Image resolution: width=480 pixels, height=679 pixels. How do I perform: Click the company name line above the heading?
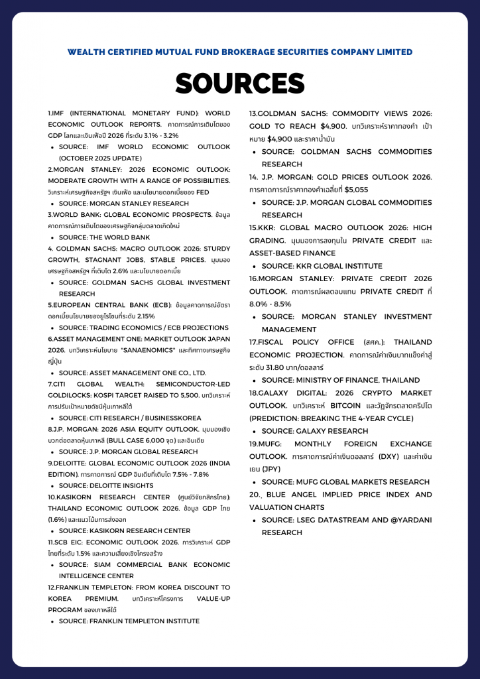tap(239, 52)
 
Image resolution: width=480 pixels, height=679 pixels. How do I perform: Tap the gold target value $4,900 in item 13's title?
tap(334, 126)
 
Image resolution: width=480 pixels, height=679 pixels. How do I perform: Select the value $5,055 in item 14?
tap(357, 190)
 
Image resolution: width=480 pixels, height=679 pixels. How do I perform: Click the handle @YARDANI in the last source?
tap(394, 520)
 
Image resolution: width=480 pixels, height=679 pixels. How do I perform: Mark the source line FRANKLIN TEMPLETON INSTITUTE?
tap(129, 621)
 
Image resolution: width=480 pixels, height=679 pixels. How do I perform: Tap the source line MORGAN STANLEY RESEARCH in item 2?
tap(123, 204)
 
